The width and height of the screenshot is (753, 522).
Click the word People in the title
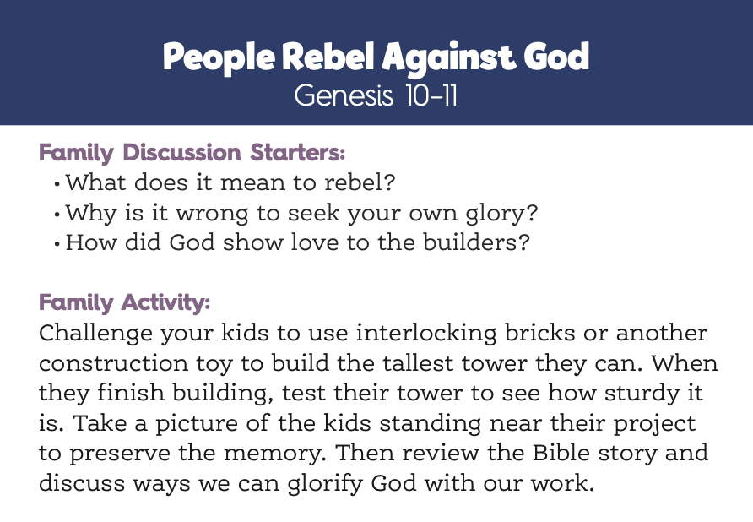[x=219, y=57]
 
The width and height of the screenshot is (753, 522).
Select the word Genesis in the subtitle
[x=344, y=95]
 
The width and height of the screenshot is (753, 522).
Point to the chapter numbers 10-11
[x=431, y=95]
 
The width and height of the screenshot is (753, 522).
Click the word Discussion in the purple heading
[x=182, y=152]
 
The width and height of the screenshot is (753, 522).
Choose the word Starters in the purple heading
[x=298, y=152]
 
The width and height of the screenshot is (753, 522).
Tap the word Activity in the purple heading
[x=165, y=303]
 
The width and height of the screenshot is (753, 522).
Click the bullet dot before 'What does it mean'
[x=57, y=184]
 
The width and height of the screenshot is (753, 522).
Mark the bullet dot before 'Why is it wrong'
[x=57, y=215]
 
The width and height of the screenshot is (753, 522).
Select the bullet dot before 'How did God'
[x=57, y=244]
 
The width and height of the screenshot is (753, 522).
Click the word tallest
[x=418, y=363]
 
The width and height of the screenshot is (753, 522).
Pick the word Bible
[x=560, y=452]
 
